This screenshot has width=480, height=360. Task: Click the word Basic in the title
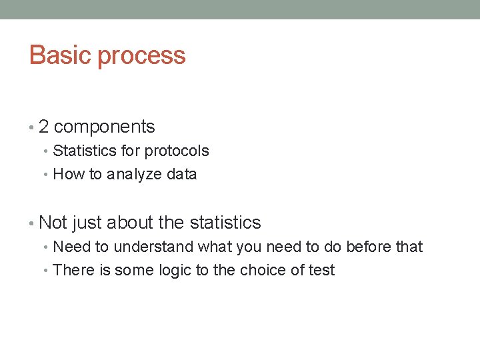coord(61,55)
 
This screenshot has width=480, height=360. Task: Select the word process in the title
coord(141,56)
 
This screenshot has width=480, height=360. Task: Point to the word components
coord(105,127)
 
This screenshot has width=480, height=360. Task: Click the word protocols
coord(177,151)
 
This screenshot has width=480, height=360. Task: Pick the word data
coord(182,175)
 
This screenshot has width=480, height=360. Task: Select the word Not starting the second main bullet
coord(54,222)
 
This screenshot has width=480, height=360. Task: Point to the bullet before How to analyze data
coord(47,175)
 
